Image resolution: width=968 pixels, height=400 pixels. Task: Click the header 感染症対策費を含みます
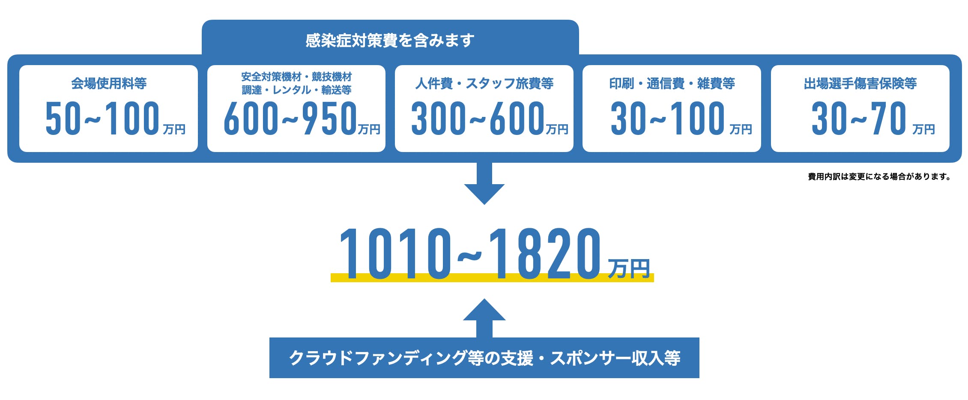pos(390,40)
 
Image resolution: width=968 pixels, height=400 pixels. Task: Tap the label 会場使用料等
pos(109,83)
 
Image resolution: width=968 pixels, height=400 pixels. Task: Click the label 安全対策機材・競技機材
pos(296,77)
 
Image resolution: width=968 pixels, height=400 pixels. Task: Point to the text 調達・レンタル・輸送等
pos(296,90)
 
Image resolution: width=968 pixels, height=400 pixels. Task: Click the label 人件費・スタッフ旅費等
pos(484,83)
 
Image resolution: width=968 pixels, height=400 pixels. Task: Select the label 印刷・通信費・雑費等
pos(672,83)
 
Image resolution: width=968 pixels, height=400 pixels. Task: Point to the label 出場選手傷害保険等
pos(860,83)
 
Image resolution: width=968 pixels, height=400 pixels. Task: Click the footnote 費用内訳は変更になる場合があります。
pos(879,176)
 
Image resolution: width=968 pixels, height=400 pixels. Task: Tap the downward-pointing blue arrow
pos(484,183)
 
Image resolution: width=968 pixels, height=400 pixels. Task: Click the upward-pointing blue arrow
pos(484,318)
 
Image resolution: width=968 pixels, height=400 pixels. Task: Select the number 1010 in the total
pos(395,254)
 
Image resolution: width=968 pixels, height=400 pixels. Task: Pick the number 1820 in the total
pos(545,254)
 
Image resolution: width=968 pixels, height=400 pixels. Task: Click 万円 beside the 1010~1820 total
pos(629,269)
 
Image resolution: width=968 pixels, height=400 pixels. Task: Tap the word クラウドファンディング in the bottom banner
pos(378,358)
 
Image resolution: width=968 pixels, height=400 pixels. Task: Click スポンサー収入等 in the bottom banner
pos(615,358)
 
